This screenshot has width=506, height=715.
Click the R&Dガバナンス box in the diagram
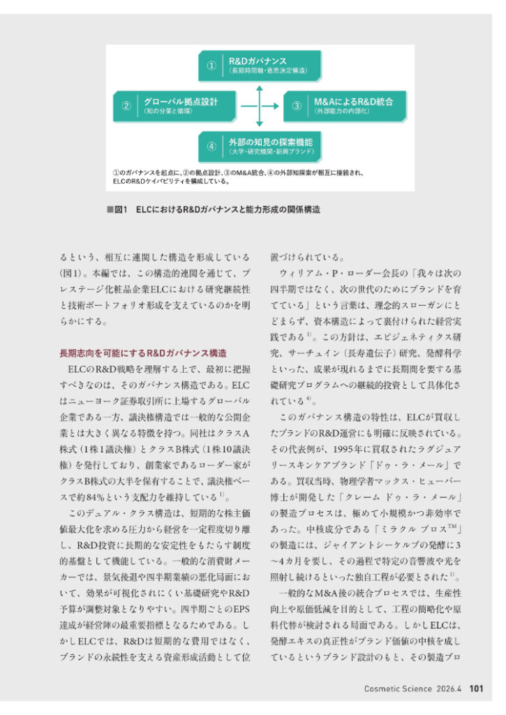tap(260, 65)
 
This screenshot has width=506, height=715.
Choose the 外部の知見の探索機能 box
tap(260, 146)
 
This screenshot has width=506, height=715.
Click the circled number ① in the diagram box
tap(211, 66)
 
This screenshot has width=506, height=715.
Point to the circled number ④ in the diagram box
tap(211, 147)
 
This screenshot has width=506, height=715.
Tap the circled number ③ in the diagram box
tap(297, 106)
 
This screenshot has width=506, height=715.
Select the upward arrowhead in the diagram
tap(260, 89)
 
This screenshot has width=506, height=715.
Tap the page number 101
tap(476, 688)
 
